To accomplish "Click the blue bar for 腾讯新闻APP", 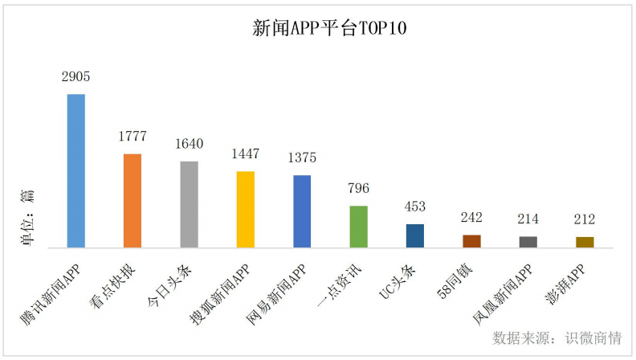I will [x=75, y=170].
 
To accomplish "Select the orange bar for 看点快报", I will [x=132, y=200].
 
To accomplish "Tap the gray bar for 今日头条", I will [x=189, y=204].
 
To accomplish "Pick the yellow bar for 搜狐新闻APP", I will [x=246, y=209].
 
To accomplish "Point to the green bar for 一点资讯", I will [x=359, y=226].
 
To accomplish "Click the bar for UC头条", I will [x=415, y=235].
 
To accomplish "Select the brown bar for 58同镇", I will [x=471, y=240].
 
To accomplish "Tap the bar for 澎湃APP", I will [x=585, y=241].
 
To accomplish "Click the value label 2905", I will [x=75, y=77].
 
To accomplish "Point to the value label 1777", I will [x=132, y=137].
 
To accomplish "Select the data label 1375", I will [x=302, y=158].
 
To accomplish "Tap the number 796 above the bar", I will [x=359, y=189].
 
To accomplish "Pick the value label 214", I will [x=528, y=219].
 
